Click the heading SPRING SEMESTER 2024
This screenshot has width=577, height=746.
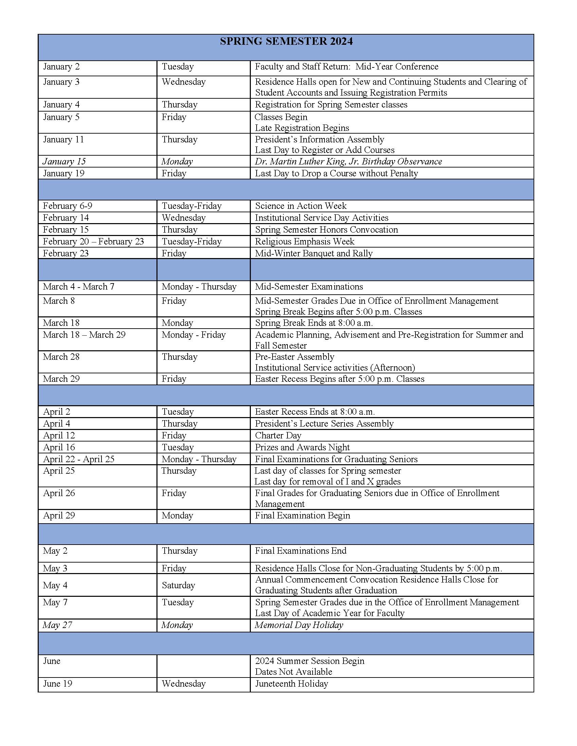click(286, 41)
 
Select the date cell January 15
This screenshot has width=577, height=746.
click(64, 161)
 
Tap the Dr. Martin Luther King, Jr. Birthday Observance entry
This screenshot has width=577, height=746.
click(348, 161)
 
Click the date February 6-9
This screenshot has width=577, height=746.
click(67, 205)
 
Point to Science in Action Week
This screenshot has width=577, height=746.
click(300, 205)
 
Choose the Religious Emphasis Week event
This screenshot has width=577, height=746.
click(304, 241)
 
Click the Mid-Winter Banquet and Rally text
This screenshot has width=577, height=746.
click(314, 253)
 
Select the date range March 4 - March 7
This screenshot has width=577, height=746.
click(78, 287)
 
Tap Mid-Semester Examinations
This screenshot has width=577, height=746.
click(309, 287)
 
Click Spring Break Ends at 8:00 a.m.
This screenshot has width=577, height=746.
click(314, 323)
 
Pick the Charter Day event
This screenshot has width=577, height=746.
click(278, 435)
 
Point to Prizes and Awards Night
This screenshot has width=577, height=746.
click(302, 447)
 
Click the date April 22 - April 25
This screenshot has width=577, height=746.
click(78, 459)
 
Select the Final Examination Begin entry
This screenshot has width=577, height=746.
click(302, 515)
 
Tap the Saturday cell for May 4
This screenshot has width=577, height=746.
click(178, 585)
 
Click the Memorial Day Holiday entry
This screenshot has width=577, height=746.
click(298, 625)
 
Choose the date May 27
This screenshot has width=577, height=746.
click(57, 625)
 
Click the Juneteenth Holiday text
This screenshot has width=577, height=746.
click(291, 684)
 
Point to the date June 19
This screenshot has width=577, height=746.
click(57, 684)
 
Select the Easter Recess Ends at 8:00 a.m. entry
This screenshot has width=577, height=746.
click(315, 412)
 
